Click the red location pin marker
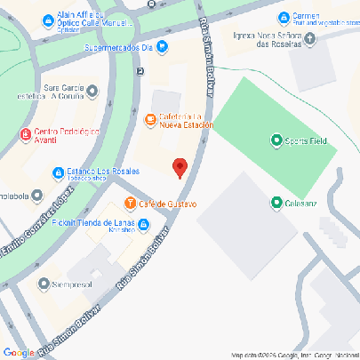[x=180, y=167]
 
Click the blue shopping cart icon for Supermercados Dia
[x=163, y=47]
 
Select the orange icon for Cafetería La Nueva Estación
[x=150, y=118]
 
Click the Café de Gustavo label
[x=167, y=204]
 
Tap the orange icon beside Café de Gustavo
[x=131, y=204]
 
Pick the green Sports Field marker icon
[x=276, y=140]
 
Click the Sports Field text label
[x=307, y=140]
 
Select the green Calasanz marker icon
[x=276, y=204]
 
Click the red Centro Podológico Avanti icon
[x=25, y=134]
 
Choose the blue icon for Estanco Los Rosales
[x=58, y=172]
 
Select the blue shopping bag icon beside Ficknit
[x=144, y=224]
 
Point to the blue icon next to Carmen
[x=284, y=17]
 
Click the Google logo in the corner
[x=18, y=353]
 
